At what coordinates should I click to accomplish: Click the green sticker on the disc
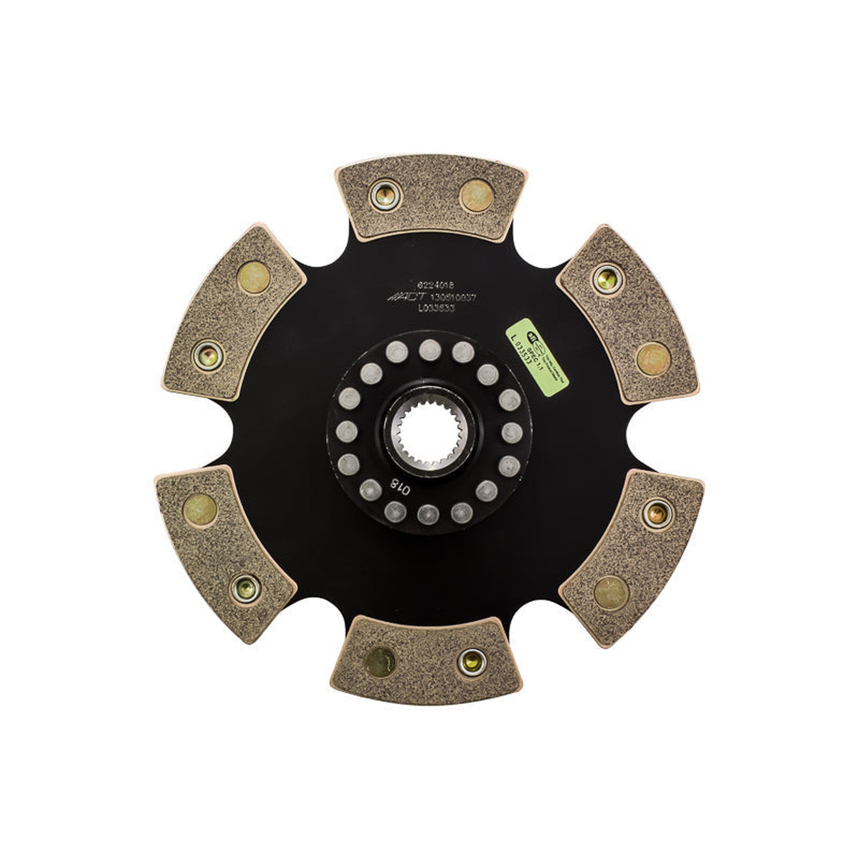coord(537,357)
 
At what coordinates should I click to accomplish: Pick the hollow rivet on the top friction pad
coord(385,195)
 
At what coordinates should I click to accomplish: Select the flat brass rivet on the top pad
coord(476,195)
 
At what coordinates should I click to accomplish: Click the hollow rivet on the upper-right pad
coord(608,279)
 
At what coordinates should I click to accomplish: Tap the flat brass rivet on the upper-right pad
coord(653,359)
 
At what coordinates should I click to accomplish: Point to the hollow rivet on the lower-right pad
coord(658,514)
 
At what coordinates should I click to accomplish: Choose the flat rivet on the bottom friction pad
coord(379,662)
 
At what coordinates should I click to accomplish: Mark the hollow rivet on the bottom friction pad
coord(472,662)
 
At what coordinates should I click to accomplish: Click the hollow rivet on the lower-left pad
coord(246,588)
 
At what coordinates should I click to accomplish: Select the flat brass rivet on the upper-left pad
coord(253,277)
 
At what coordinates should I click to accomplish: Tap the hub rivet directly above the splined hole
coord(430,350)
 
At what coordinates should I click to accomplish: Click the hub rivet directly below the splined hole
coord(428,514)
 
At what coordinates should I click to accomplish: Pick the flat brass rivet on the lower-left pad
coord(200,510)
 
